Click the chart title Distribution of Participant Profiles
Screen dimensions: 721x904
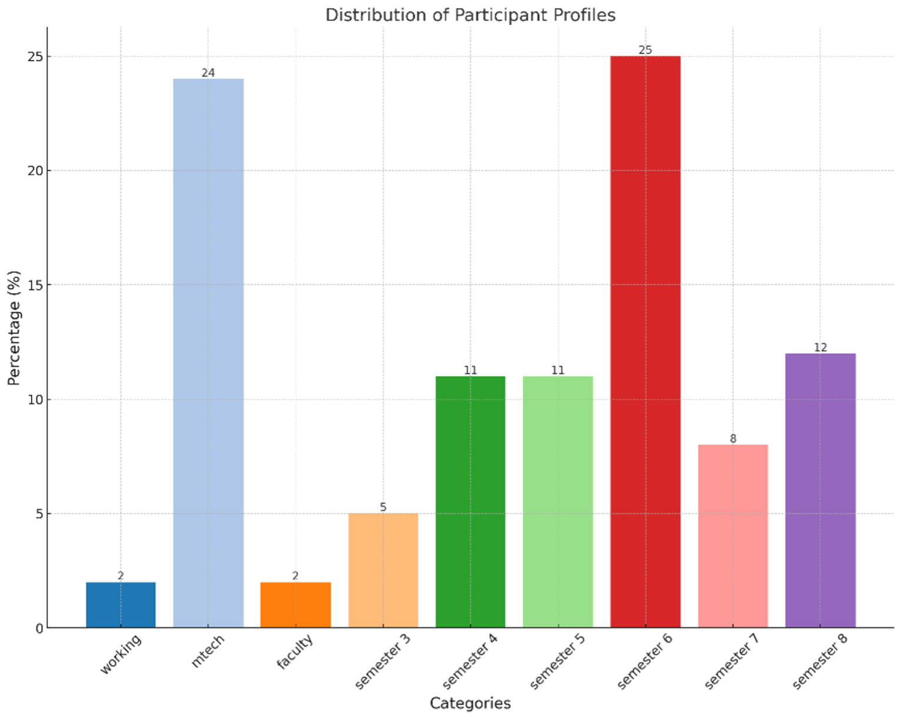coord(470,15)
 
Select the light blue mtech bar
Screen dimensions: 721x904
coord(208,353)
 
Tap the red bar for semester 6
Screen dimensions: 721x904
coord(645,341)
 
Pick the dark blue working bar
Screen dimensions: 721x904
coord(121,605)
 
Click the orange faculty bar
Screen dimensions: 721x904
coord(295,605)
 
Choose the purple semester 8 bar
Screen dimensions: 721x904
coord(820,490)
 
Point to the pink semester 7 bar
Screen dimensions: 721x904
coord(733,536)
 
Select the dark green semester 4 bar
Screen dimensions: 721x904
coord(470,501)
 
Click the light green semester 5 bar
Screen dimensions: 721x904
coord(558,501)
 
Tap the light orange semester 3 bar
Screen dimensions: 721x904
coord(383,570)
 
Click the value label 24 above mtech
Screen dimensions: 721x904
coord(208,73)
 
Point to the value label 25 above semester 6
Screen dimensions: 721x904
coord(645,50)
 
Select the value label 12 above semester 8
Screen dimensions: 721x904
coord(820,347)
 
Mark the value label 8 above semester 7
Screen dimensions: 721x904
coord(733,438)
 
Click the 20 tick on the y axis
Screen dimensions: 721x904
coord(36,171)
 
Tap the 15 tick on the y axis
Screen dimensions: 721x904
coord(36,285)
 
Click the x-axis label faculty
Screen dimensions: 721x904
coord(294,651)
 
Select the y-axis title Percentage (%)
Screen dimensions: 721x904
coord(14,328)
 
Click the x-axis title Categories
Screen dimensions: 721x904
coord(470,703)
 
